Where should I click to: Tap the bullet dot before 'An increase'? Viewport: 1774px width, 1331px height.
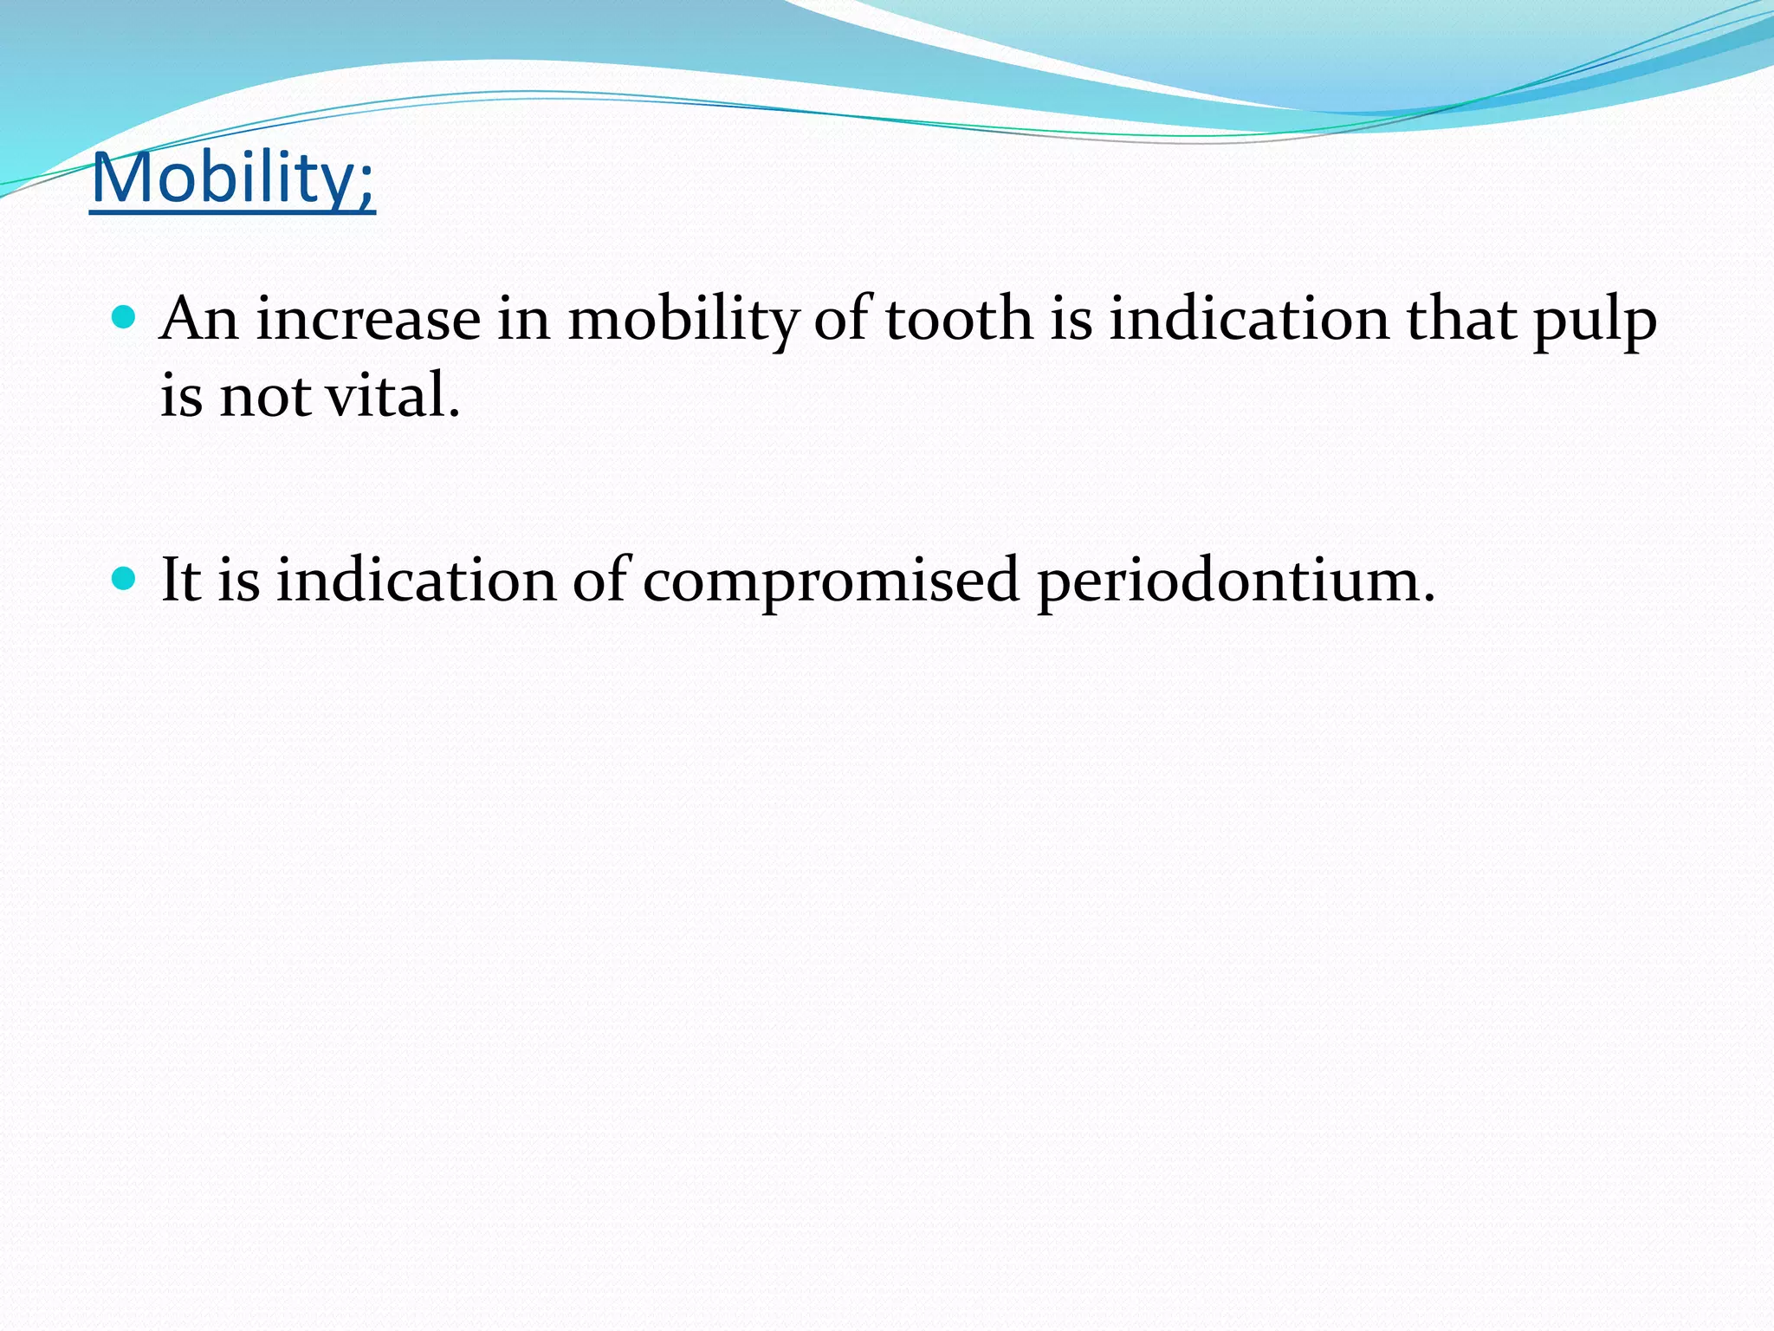tap(125, 318)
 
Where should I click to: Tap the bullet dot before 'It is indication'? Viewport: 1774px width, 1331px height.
tap(125, 579)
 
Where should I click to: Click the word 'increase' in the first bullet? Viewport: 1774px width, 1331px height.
tap(368, 319)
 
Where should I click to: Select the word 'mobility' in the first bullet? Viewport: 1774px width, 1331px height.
tap(683, 319)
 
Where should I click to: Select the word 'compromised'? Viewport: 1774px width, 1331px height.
tap(830, 581)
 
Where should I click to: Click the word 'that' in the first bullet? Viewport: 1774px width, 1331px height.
tap(1461, 319)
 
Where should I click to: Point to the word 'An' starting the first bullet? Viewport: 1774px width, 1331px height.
tap(199, 319)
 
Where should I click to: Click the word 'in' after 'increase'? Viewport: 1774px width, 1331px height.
tap(523, 319)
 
